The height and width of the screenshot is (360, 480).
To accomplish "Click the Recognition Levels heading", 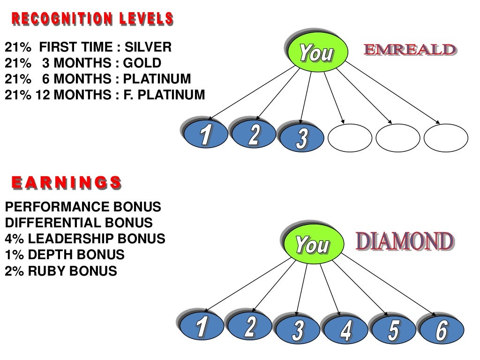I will pyautogui.click(x=92, y=20).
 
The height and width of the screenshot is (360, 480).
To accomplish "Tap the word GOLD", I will pyautogui.click(x=142, y=63).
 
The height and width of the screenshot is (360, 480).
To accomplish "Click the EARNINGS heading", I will pyautogui.click(x=66, y=183).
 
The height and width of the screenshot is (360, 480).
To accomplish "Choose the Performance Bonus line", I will pyautogui.click(x=83, y=207).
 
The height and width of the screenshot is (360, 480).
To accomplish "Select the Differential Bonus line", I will pyautogui.click(x=79, y=223).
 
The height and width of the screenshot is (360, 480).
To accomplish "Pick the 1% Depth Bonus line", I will pyautogui.click(x=65, y=255).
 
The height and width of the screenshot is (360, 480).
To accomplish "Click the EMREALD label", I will pyautogui.click(x=409, y=50).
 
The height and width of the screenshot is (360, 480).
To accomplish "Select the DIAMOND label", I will pyautogui.click(x=405, y=241).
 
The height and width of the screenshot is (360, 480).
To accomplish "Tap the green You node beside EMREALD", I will pyautogui.click(x=317, y=52).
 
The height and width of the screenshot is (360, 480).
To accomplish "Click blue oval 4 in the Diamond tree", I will pyautogui.click(x=346, y=330).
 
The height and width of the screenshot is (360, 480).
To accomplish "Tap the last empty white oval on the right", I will pyautogui.click(x=445, y=138).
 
